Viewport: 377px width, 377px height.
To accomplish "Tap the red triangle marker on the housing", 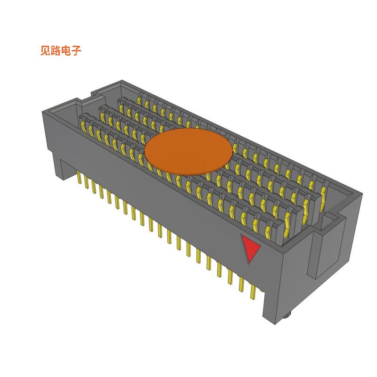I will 250,247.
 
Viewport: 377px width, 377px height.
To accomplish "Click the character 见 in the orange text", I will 46,51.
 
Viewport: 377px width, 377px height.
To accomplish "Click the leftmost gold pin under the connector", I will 79,178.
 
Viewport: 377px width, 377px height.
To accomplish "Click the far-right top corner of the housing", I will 362,192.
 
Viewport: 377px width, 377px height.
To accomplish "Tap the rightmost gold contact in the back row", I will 323,191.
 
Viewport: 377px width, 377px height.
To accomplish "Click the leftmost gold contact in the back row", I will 139,99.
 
